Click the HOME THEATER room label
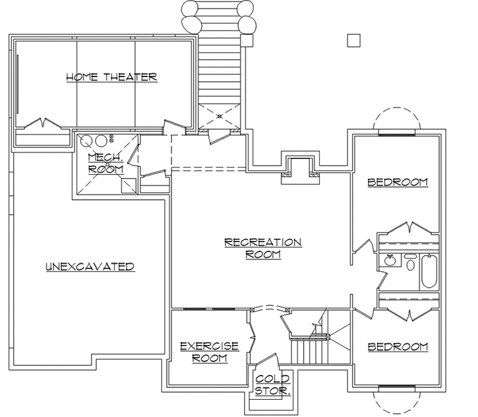[x=111, y=77]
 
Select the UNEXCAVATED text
[x=90, y=267]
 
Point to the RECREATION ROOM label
[x=262, y=247]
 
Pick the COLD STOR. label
[x=273, y=385]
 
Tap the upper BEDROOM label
[x=397, y=181]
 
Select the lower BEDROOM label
[x=397, y=346]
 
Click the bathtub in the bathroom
[x=429, y=271]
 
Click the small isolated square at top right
[x=354, y=41]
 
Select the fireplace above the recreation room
[x=300, y=168]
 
